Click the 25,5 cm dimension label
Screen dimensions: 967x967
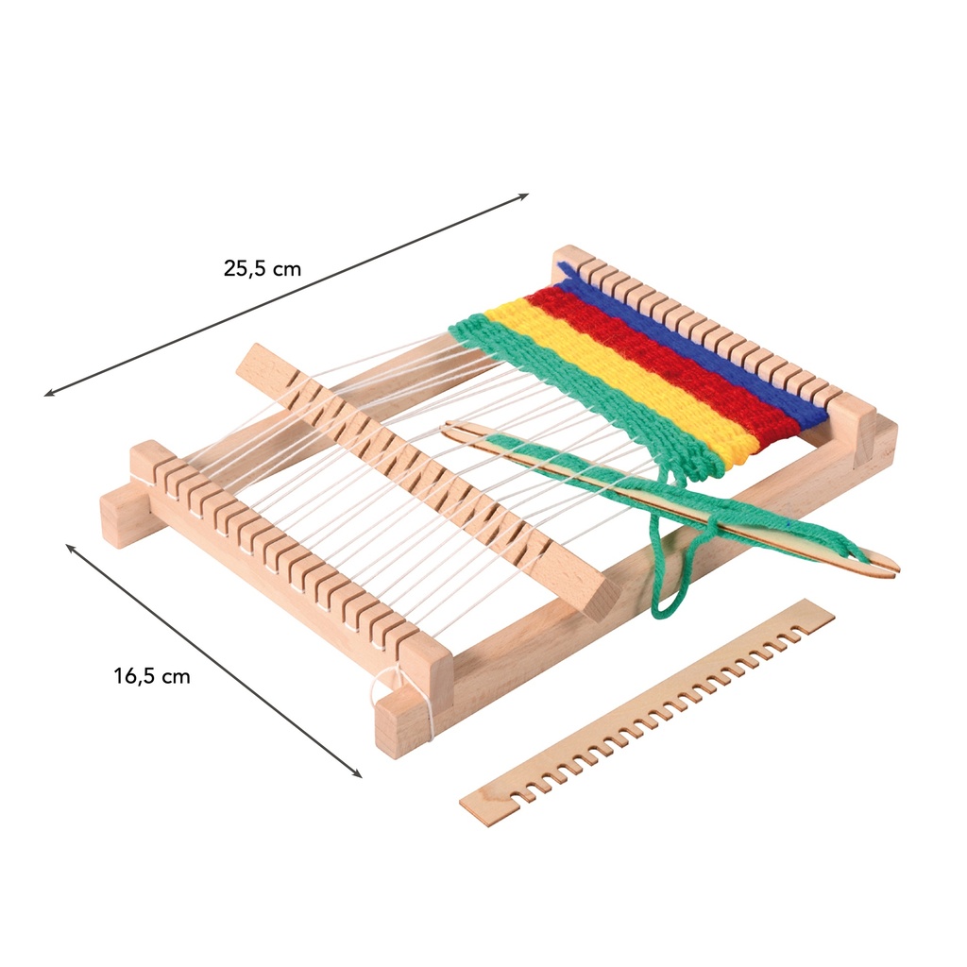(263, 269)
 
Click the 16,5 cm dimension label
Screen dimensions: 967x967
(152, 676)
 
